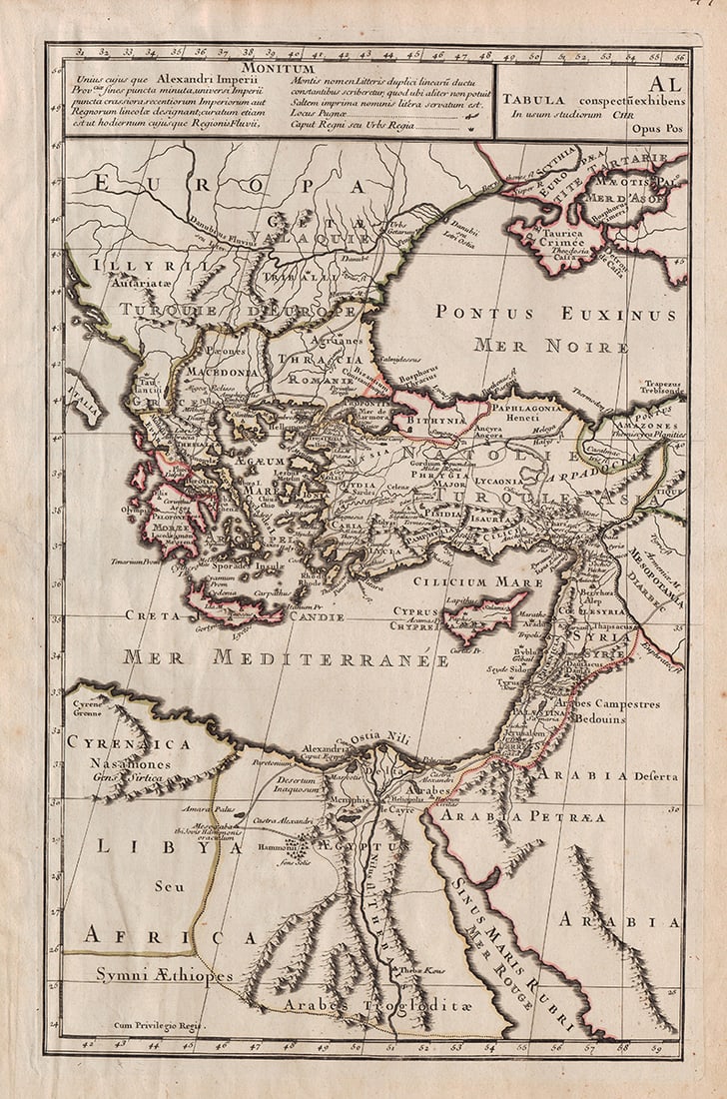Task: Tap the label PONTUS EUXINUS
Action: [555, 314]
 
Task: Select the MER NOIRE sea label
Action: [550, 347]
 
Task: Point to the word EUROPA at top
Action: [230, 185]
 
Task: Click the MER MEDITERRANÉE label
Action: [286, 658]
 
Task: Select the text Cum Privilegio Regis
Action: [158, 1025]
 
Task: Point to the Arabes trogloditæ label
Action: [374, 1004]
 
